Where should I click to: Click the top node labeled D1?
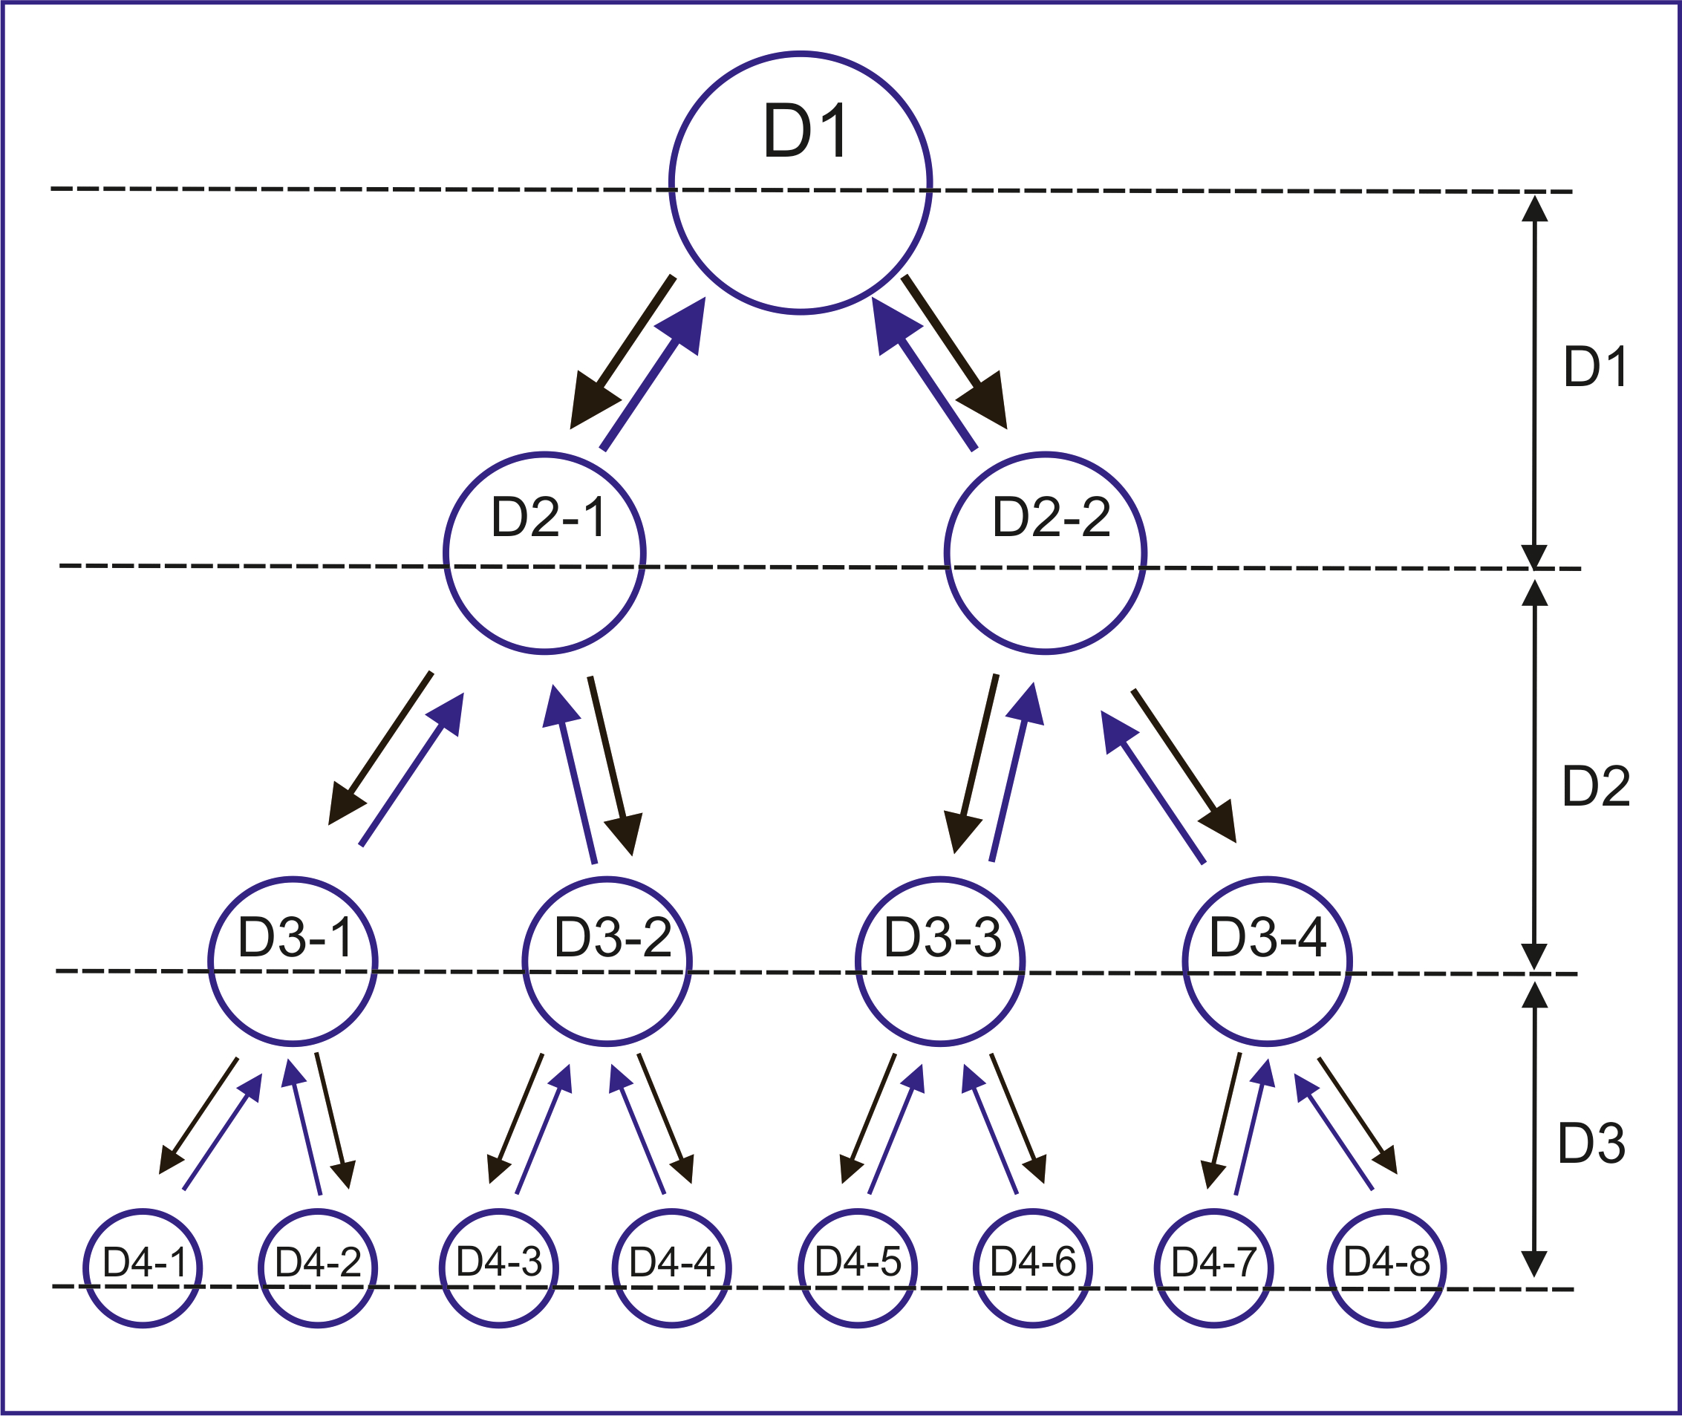pyautogui.click(x=801, y=183)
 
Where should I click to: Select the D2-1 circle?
pyautogui.click(x=544, y=554)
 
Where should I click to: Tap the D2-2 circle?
pyautogui.click(x=1046, y=554)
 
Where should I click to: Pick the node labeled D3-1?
pyautogui.click(x=293, y=961)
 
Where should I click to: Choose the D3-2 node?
pyautogui.click(x=607, y=961)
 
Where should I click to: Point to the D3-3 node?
pyautogui.click(x=940, y=961)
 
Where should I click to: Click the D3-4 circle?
pyautogui.click(x=1268, y=961)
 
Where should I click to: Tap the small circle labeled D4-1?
pyautogui.click(x=143, y=1268)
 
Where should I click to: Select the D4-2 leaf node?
pyautogui.click(x=318, y=1268)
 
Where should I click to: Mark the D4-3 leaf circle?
pyautogui.click(x=498, y=1268)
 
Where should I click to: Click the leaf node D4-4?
pyautogui.click(x=672, y=1268)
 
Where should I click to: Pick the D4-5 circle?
pyautogui.click(x=858, y=1268)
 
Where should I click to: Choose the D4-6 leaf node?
pyautogui.click(x=1032, y=1268)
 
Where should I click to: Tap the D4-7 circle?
pyautogui.click(x=1214, y=1268)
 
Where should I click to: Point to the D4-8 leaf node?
pyautogui.click(x=1386, y=1268)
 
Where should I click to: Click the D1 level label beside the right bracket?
pyautogui.click(x=1595, y=368)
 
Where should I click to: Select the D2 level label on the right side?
pyautogui.click(x=1595, y=786)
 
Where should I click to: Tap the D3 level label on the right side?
pyautogui.click(x=1591, y=1144)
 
